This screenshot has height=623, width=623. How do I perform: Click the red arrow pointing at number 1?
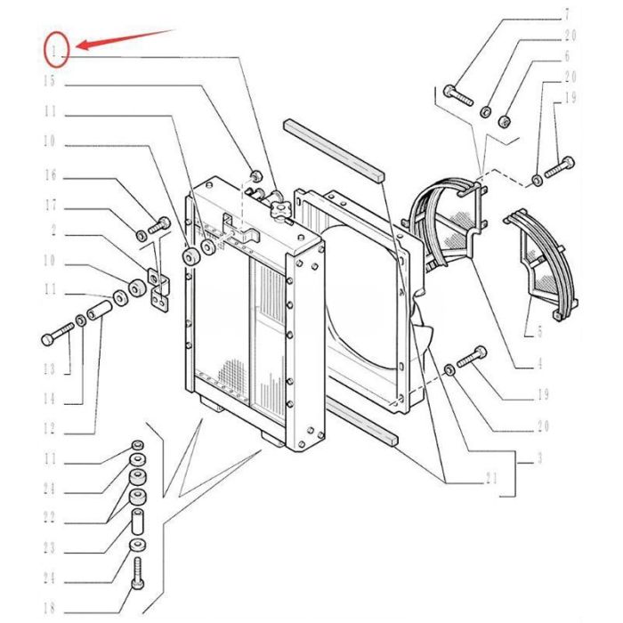125,38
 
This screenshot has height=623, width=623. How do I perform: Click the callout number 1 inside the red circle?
53,51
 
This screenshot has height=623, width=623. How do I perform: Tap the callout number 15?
49,81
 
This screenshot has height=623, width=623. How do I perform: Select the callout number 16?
50,174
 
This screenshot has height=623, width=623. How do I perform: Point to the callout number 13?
49,369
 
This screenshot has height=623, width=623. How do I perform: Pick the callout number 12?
49,429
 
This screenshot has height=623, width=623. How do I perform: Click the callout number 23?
49,548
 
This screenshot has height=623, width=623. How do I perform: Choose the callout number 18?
49,608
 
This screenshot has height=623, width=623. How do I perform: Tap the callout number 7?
567,15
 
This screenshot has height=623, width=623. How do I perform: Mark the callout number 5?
539,332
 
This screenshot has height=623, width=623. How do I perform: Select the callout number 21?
491,479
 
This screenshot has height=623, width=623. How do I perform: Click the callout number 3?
539,458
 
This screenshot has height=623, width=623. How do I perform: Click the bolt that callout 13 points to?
57,334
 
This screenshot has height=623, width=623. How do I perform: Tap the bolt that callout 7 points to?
458,95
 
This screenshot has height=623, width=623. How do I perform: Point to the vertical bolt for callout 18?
137,573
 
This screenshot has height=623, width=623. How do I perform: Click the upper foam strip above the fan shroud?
334,150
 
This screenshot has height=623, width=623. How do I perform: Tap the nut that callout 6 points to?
505,121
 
